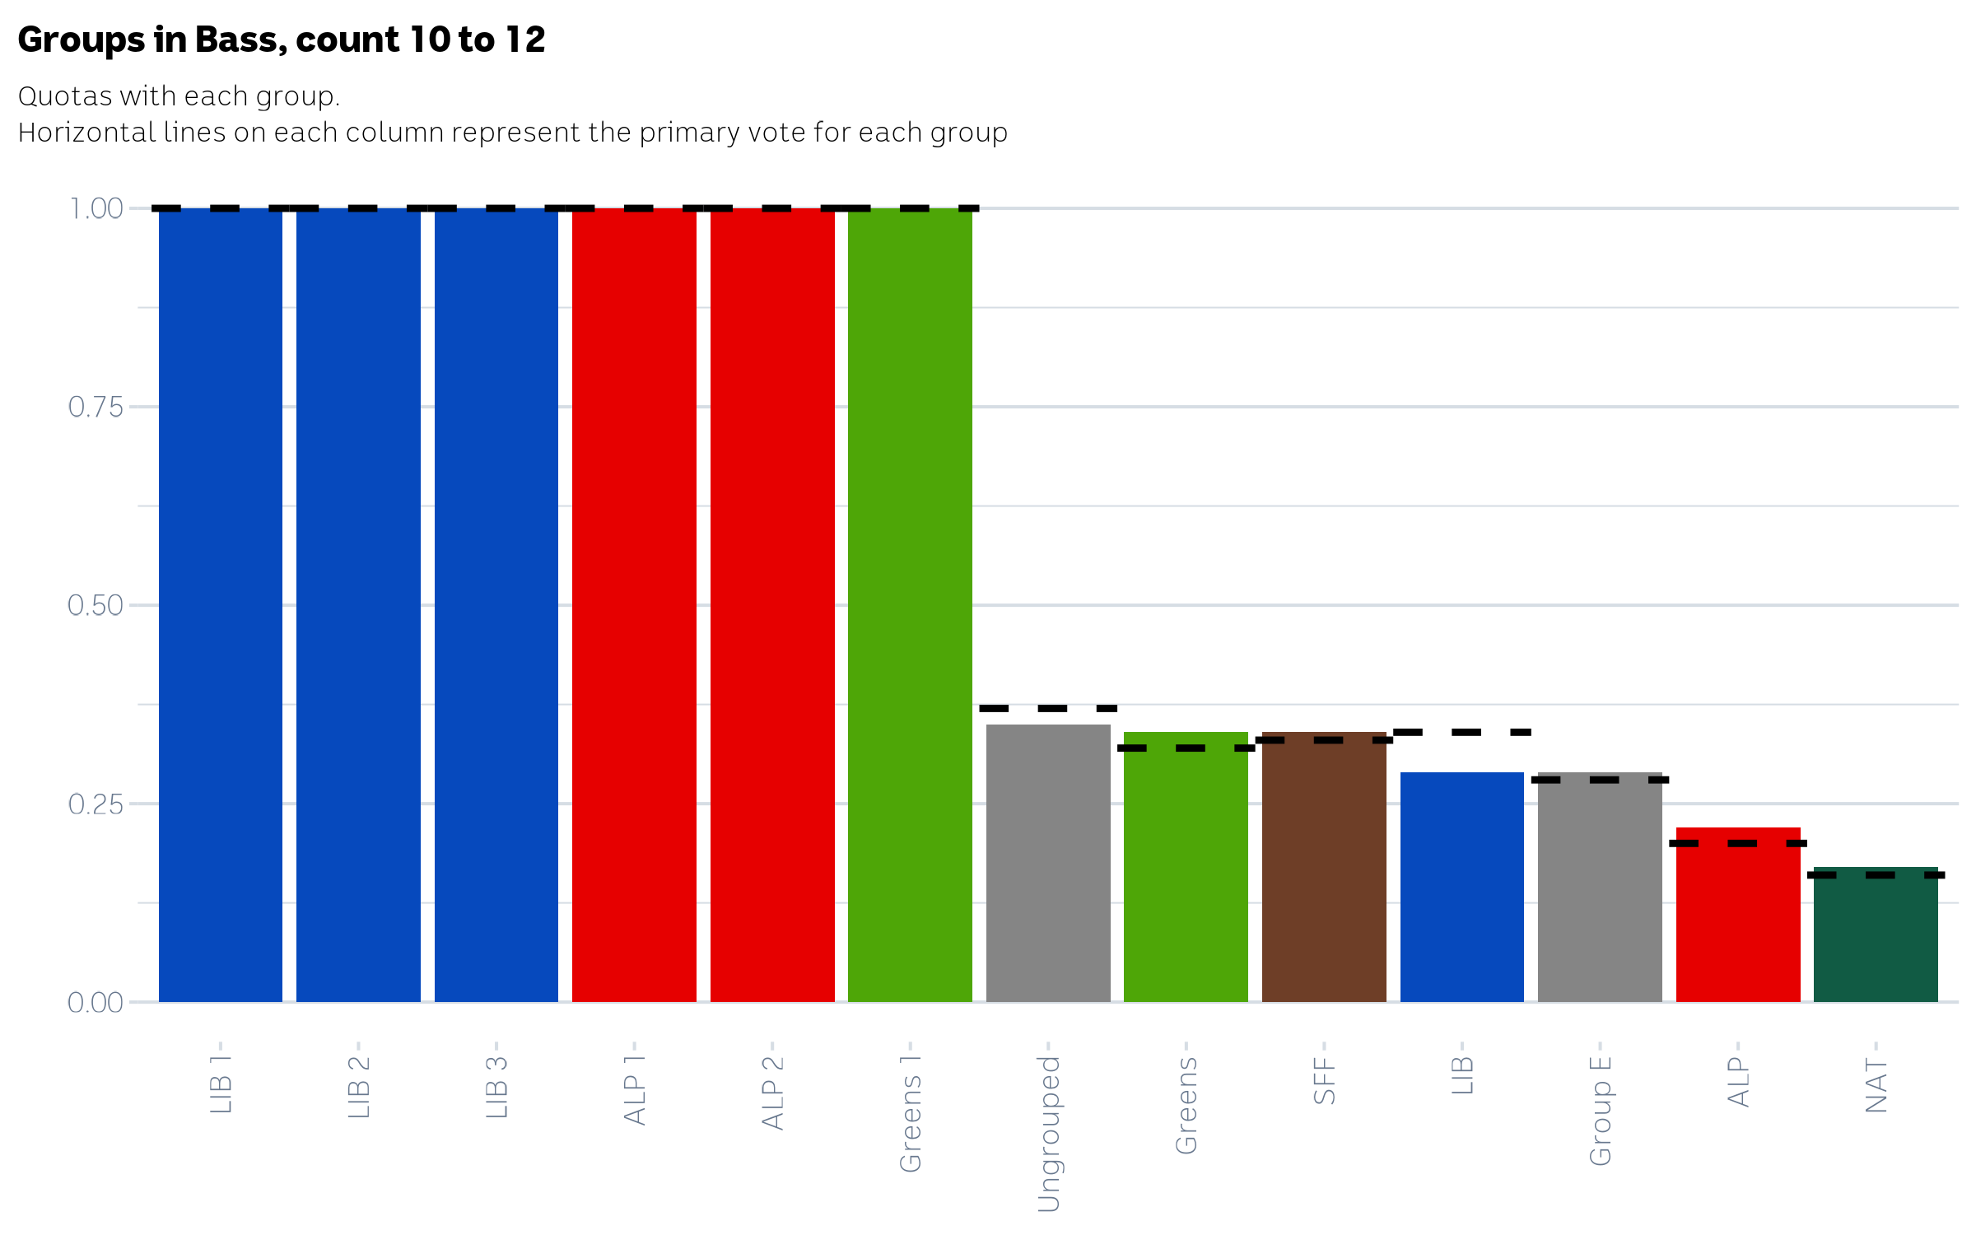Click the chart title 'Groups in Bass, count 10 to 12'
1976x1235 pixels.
click(x=282, y=40)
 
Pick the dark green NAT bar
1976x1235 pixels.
click(x=1876, y=939)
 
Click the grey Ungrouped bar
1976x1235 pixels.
click(x=1048, y=864)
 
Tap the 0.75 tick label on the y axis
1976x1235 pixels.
click(x=96, y=407)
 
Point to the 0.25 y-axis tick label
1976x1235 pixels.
click(x=96, y=804)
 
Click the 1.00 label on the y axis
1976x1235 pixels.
click(x=96, y=209)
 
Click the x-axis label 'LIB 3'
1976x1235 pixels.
click(x=496, y=1087)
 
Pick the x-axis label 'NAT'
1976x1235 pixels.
click(x=1876, y=1086)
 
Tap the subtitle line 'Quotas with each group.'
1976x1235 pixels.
click(x=179, y=96)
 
